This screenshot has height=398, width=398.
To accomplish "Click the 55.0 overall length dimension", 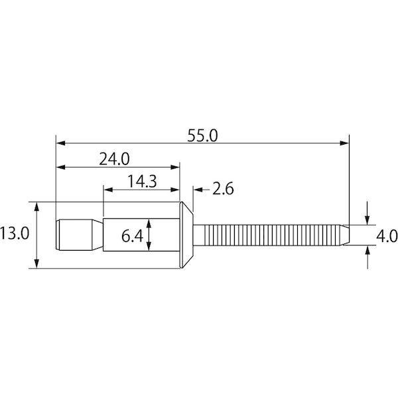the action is pyautogui.click(x=202, y=136).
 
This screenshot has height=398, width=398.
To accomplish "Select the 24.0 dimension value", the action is pyautogui.click(x=114, y=159).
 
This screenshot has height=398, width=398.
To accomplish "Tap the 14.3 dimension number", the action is pyautogui.click(x=142, y=182).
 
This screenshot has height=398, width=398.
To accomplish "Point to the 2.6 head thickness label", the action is pyautogui.click(x=223, y=189).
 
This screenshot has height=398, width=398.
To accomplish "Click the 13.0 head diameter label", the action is pyautogui.click(x=15, y=233).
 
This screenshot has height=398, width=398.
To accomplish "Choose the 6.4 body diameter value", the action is pyautogui.click(x=132, y=236).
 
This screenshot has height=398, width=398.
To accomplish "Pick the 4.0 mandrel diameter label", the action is pyautogui.click(x=387, y=237).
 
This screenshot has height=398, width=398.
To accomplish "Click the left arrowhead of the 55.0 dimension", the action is pyautogui.click(x=60, y=143).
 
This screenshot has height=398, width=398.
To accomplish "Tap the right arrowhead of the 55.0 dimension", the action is pyautogui.click(x=344, y=143).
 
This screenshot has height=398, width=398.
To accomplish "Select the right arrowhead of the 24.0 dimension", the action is pyautogui.click(x=175, y=167).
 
